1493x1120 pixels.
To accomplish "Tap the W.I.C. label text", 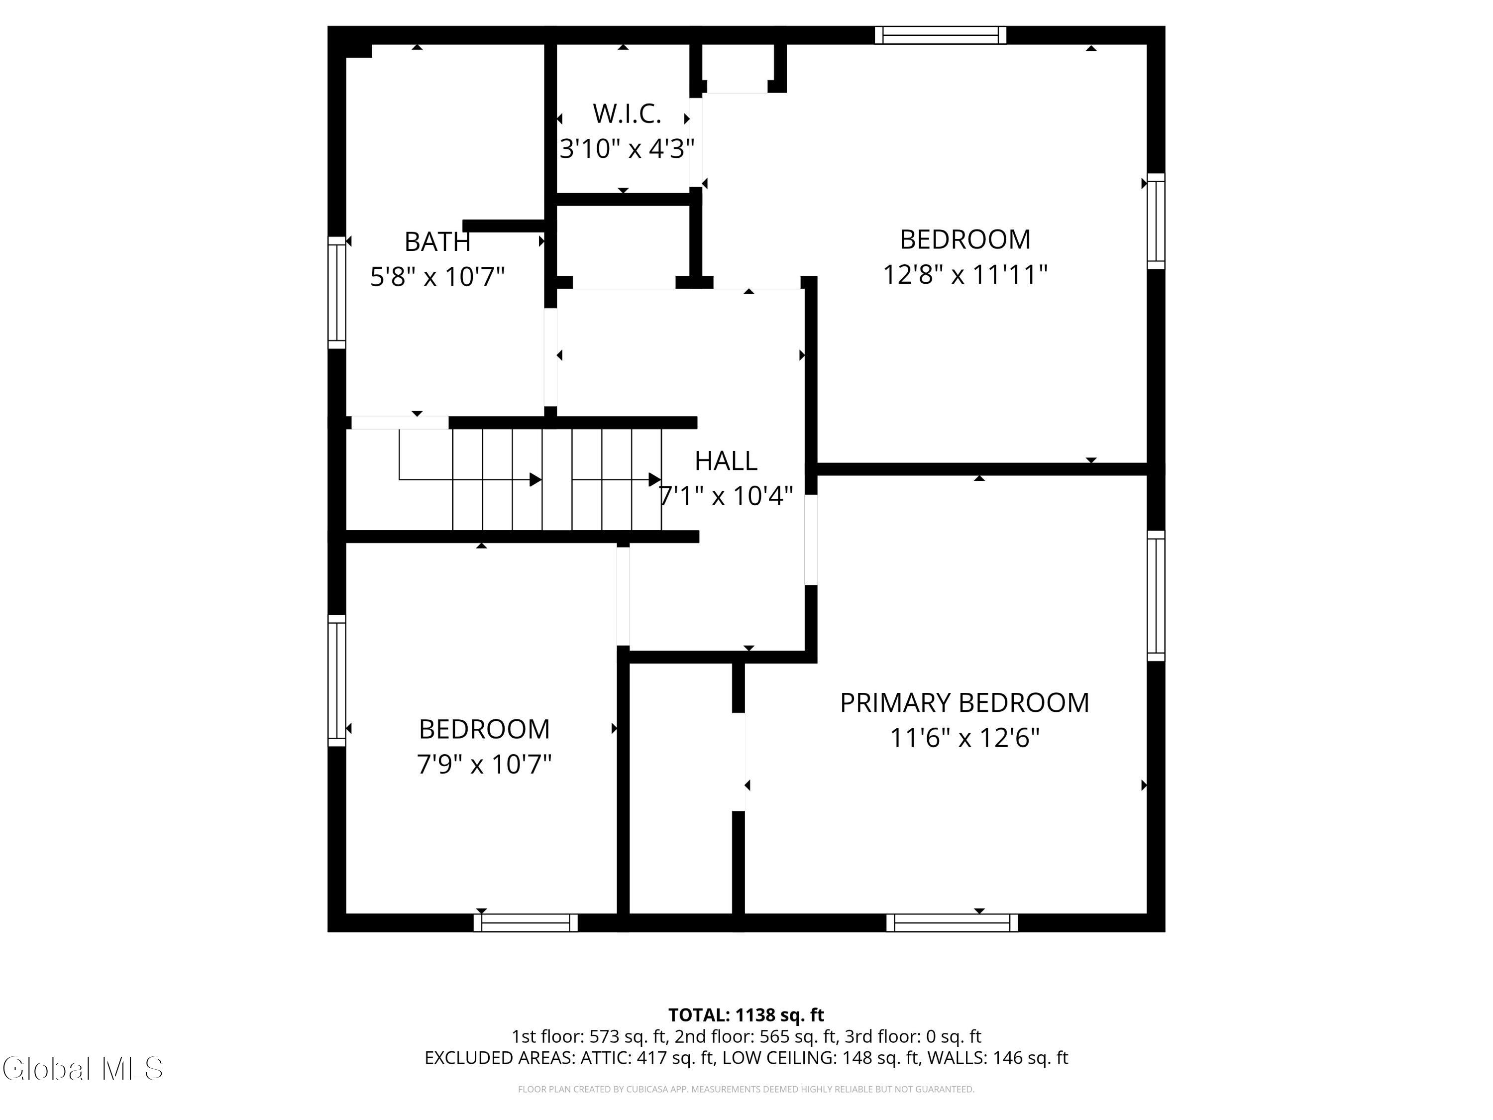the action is coord(627,113).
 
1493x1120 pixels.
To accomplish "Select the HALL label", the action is coord(726,460).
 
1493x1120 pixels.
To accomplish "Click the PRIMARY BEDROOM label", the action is coord(964,703).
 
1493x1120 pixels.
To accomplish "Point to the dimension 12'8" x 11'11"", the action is coord(965,274).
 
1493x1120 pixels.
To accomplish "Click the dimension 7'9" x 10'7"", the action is coord(484,764).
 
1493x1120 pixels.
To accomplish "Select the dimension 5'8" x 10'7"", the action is coord(437,276).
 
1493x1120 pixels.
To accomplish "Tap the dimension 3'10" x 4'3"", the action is coord(627,148).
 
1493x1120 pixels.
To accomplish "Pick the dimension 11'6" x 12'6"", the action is coord(964,738).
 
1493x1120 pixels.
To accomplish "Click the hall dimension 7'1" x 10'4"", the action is coord(726,496).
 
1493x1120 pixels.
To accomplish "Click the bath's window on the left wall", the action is coord(337,292).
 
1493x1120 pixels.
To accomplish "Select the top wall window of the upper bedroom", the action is coord(940,35).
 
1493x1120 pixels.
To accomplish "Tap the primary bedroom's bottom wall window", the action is coord(952,922).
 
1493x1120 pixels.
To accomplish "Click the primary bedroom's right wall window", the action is coord(1156,595).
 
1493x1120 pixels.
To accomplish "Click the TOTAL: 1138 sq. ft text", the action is coord(746,1014).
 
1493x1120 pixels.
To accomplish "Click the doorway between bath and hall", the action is coord(551,357).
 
